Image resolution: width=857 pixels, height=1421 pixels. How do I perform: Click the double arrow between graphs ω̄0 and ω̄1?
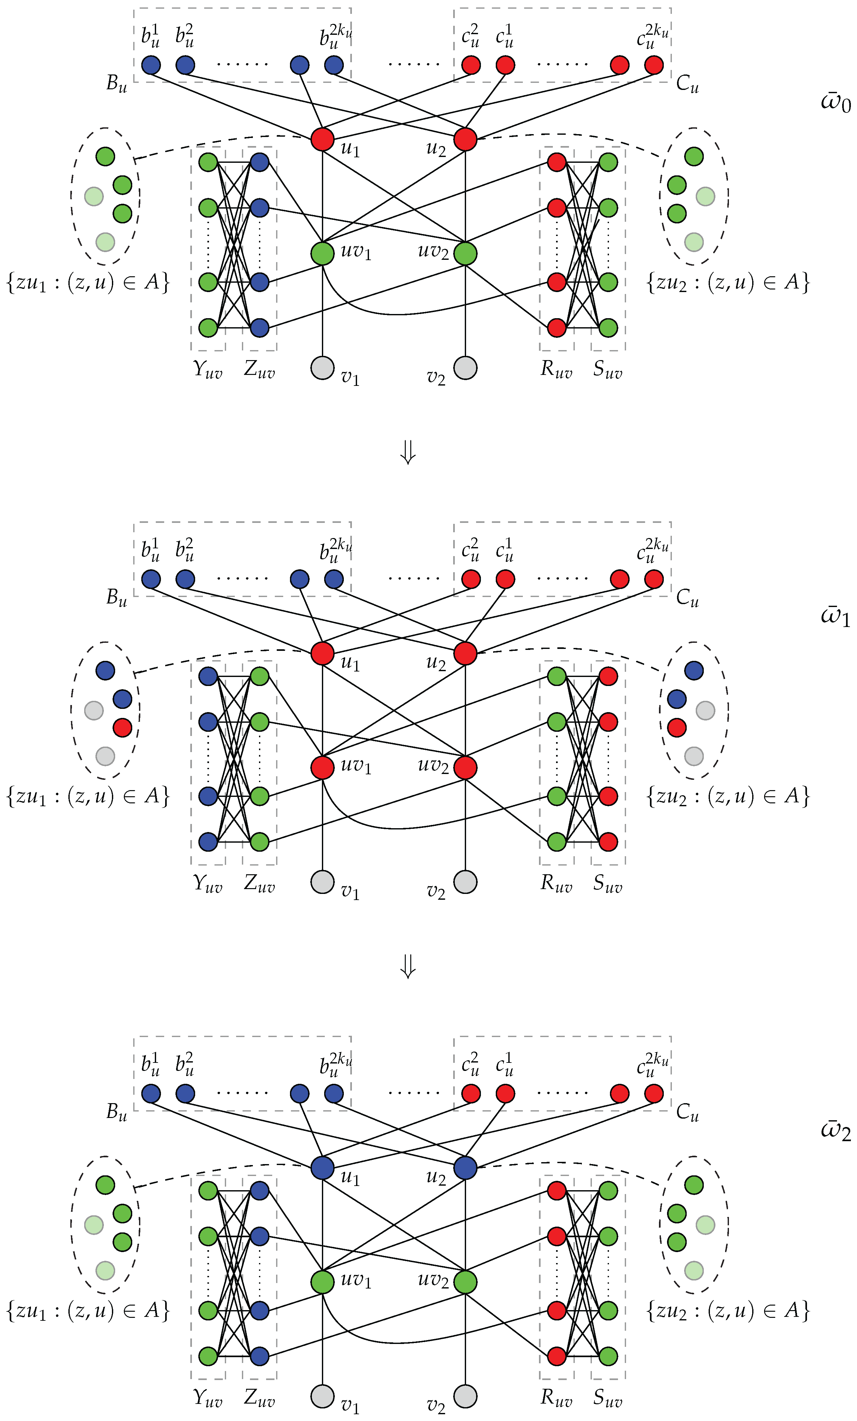click(x=408, y=453)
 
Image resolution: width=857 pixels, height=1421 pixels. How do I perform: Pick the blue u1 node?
click(x=322, y=1168)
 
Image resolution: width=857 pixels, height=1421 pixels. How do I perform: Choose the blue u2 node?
click(x=465, y=1168)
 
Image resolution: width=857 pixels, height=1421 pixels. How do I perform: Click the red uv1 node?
click(x=322, y=768)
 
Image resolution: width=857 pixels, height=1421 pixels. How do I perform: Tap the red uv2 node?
click(x=465, y=768)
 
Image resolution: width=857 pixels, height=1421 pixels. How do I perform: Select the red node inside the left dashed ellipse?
click(x=122, y=727)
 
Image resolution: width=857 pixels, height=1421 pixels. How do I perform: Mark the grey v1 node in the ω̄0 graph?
click(x=322, y=368)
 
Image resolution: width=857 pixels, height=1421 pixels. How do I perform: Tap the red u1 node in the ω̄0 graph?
click(x=322, y=139)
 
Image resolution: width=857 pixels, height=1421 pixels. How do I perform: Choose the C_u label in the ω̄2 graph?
click(x=687, y=1112)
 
